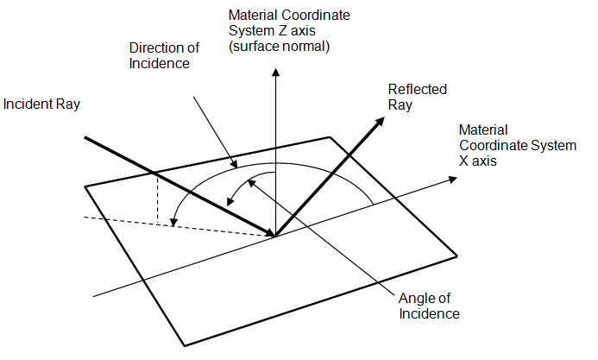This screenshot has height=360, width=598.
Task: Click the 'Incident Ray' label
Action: click(41, 104)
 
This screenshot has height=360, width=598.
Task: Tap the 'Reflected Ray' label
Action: click(412, 97)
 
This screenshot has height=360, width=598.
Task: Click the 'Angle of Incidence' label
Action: click(428, 306)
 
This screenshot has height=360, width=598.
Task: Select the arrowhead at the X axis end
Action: click(451, 180)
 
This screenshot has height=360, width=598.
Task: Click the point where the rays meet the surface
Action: click(275, 235)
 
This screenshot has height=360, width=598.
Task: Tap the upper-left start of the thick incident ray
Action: click(85, 136)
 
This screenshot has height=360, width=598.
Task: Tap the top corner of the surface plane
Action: click(330, 136)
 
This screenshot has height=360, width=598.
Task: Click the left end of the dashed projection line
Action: click(85, 216)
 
